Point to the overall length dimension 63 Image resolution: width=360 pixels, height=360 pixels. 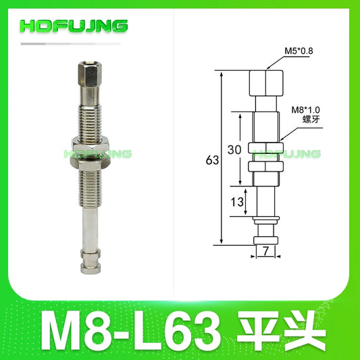(x=212, y=160)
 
